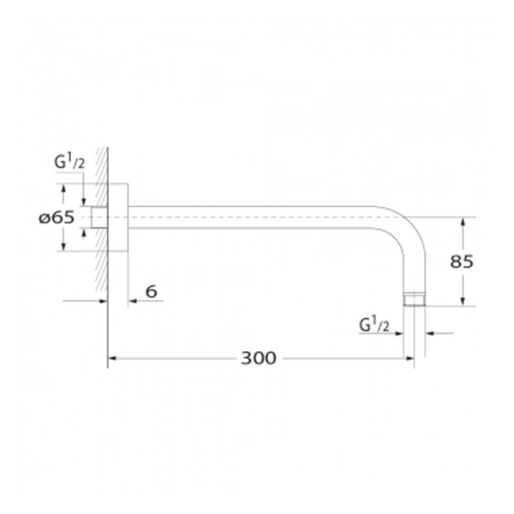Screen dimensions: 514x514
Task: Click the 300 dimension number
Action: click(258, 359)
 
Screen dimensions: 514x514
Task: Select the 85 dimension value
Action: click(462, 262)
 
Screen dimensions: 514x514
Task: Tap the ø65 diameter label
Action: click(57, 218)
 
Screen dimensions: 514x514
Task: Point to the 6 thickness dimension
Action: click(151, 292)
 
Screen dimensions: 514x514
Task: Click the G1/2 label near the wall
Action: click(69, 163)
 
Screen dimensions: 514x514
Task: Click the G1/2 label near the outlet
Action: click(374, 325)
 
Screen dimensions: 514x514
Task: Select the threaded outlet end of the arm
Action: click(415, 300)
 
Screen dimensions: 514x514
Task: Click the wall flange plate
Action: click(118, 218)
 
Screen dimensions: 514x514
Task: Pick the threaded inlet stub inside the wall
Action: click(100, 218)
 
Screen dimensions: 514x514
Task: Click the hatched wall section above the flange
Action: click(102, 166)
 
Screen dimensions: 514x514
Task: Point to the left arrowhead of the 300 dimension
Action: click(112, 359)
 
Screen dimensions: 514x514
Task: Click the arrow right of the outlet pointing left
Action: click(429, 332)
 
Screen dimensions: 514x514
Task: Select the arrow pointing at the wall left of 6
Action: click(103, 301)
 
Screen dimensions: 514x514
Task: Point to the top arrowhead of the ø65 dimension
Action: click(63, 188)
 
